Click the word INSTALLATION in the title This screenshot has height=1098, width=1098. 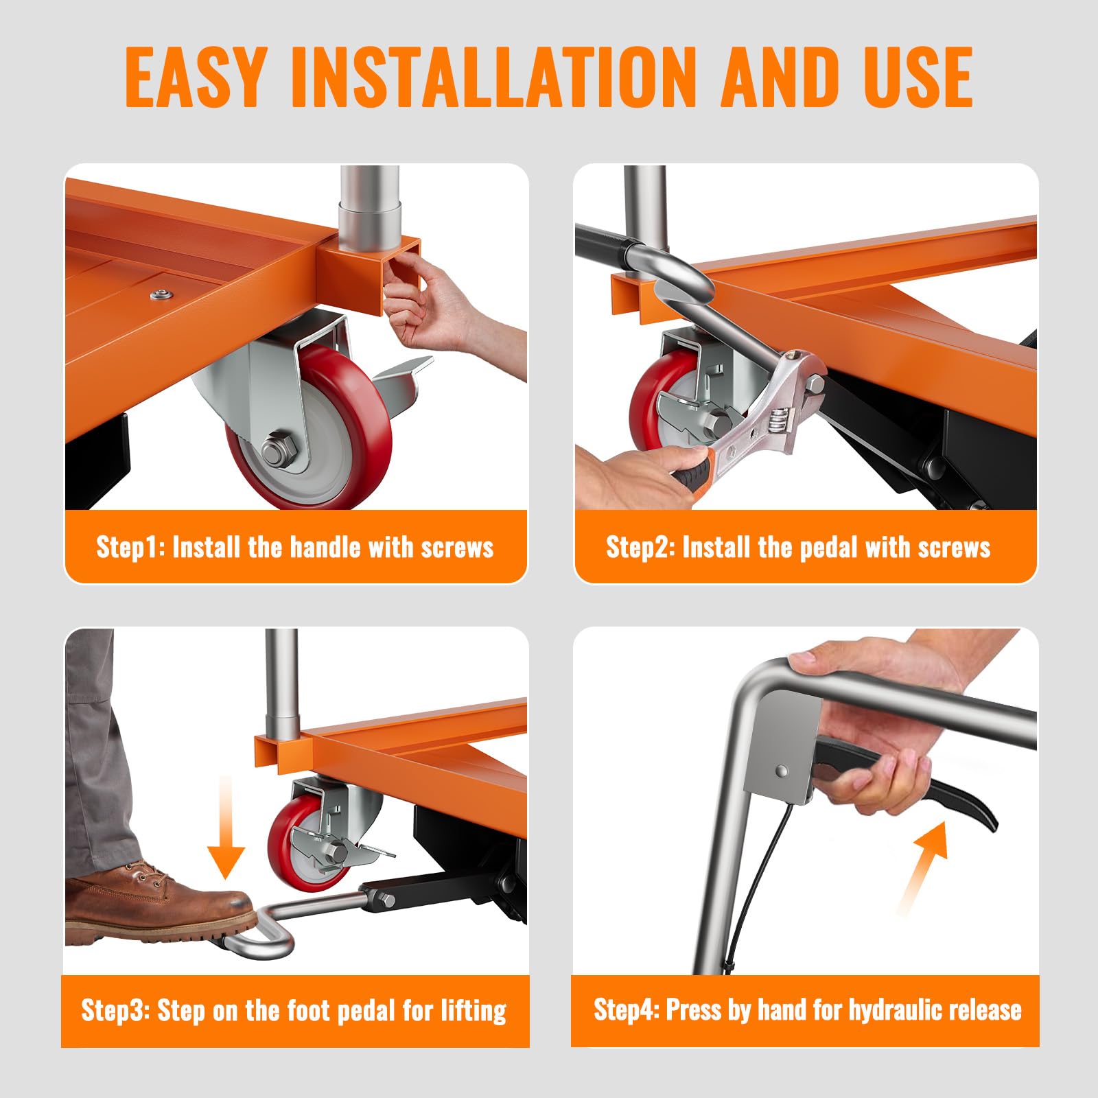493,77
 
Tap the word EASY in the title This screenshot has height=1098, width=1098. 195,77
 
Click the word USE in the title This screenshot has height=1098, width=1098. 918,77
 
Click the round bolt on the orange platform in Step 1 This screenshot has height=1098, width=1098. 162,295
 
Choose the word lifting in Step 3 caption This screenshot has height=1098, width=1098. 474,1011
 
